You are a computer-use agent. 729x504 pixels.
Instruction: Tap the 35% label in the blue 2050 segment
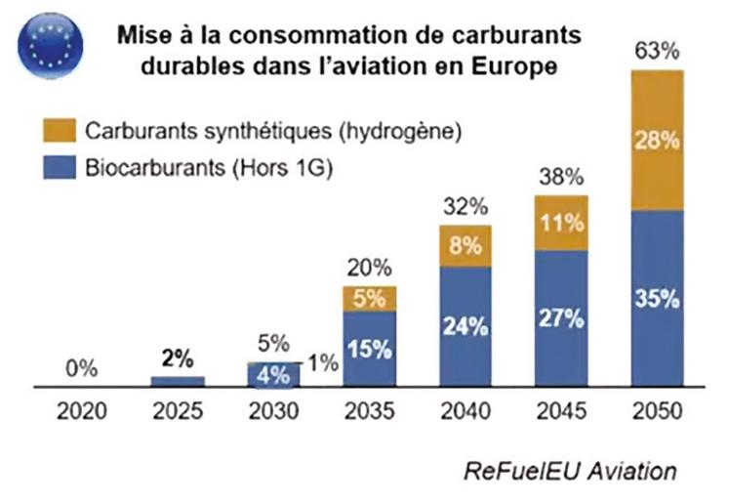click(655, 299)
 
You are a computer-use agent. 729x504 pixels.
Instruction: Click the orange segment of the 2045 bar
click(560, 223)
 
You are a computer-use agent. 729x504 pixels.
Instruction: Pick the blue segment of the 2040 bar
click(465, 327)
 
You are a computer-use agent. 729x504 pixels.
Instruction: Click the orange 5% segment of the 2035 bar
click(369, 299)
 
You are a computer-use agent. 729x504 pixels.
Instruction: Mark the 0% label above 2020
click(81, 369)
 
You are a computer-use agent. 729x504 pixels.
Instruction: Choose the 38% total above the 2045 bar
click(560, 179)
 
